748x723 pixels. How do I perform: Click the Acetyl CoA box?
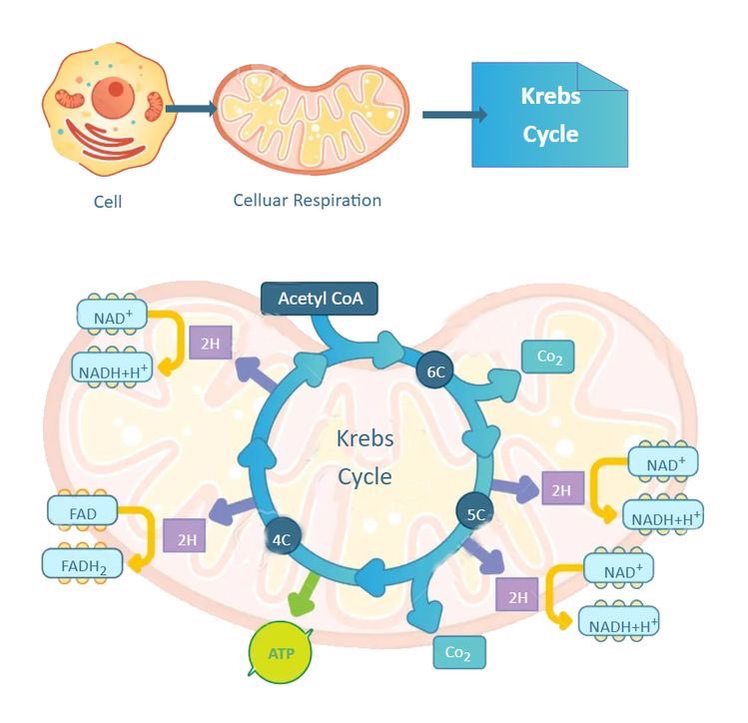[x=320, y=299]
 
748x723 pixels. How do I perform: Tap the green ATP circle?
[x=281, y=652]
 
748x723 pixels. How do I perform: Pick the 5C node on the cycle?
[x=475, y=513]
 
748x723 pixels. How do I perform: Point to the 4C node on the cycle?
[x=282, y=539]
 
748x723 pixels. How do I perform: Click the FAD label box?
[x=83, y=513]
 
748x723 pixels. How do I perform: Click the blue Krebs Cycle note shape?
[x=549, y=115]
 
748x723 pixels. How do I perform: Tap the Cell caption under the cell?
[x=108, y=202]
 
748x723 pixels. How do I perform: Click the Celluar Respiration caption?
[x=308, y=201]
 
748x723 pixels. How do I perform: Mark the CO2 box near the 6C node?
[x=547, y=357]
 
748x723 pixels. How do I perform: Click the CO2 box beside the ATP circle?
[x=459, y=652]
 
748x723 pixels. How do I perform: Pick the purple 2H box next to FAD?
[x=185, y=535]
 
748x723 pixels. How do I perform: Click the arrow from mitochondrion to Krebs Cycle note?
[x=455, y=115]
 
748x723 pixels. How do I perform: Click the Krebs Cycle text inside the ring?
[x=365, y=457]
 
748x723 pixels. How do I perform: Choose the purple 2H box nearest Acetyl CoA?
[x=211, y=343]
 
